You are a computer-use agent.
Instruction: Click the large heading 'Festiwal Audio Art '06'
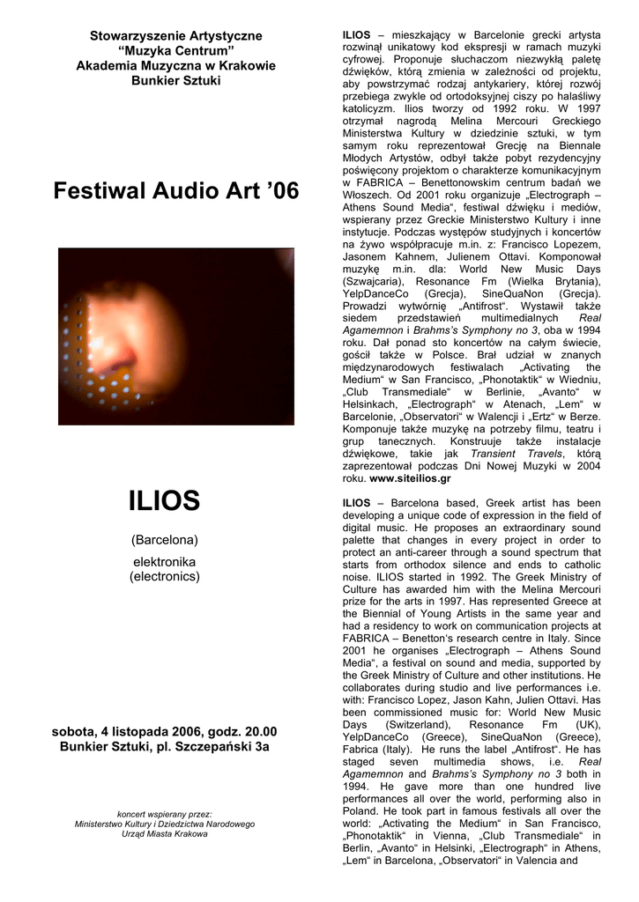point(176,190)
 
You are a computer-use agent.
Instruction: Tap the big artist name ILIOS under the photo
point(165,501)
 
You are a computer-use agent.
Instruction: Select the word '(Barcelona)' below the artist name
point(165,539)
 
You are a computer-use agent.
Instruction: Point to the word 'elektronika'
point(165,561)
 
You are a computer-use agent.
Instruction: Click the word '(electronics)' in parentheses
point(165,576)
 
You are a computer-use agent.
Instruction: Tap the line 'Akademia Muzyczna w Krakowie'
point(176,66)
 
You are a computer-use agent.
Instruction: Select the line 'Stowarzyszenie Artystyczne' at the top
point(176,35)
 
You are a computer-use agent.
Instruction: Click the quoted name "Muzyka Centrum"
point(176,50)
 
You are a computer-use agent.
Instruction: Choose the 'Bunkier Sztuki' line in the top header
point(176,81)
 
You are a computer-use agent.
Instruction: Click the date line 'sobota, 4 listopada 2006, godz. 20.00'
point(165,731)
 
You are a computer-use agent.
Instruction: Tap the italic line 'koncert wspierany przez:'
point(165,814)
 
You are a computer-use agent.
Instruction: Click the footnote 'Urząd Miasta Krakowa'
point(165,833)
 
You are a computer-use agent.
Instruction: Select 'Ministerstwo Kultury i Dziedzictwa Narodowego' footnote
point(165,824)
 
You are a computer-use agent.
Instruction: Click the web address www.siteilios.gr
point(410,478)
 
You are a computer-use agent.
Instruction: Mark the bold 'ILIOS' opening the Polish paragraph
point(356,34)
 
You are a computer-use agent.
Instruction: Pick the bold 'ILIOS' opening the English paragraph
point(356,502)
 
